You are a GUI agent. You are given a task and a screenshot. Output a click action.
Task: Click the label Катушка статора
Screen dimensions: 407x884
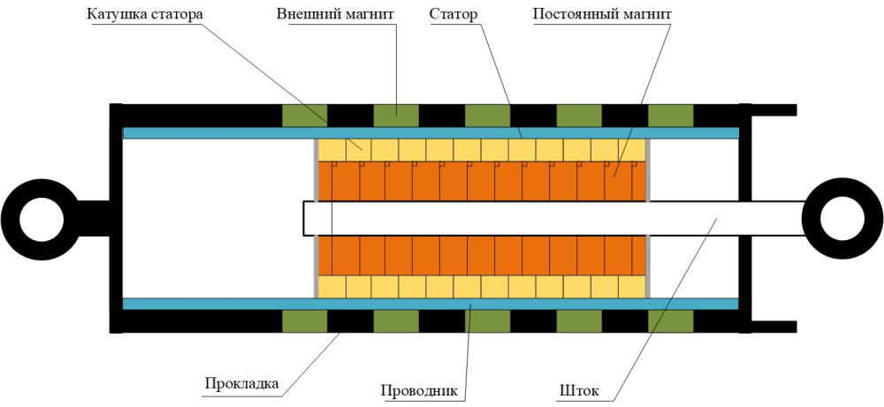pos(144,16)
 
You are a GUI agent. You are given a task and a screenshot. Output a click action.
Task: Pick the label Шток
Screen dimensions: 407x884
pos(579,389)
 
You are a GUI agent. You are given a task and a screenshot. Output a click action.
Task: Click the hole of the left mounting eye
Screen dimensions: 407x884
pos(36,217)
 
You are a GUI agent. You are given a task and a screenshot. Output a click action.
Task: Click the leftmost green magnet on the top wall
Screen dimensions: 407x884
pos(304,115)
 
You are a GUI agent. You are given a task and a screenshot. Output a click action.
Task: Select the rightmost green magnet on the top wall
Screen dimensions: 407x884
pos(671,115)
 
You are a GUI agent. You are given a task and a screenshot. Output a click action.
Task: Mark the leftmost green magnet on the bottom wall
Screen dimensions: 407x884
pos(304,321)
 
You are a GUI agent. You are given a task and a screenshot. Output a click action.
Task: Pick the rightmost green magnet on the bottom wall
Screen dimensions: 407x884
pos(671,321)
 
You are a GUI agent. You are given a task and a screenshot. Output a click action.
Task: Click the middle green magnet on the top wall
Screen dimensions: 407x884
pos(488,115)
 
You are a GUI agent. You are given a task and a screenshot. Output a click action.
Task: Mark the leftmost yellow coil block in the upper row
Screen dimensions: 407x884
pos(331,149)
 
